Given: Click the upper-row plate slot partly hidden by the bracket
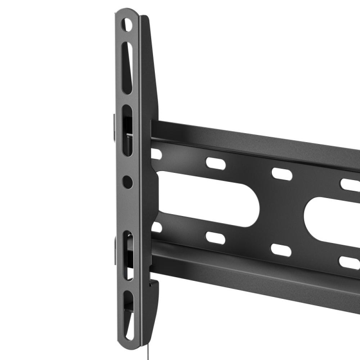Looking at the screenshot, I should click(156, 154).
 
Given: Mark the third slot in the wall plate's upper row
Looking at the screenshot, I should click(282, 174).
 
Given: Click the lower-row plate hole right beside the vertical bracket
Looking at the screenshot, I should click(157, 227).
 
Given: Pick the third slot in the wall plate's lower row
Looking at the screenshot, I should click(281, 250).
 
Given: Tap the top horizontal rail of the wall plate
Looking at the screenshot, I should click(252, 140).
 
